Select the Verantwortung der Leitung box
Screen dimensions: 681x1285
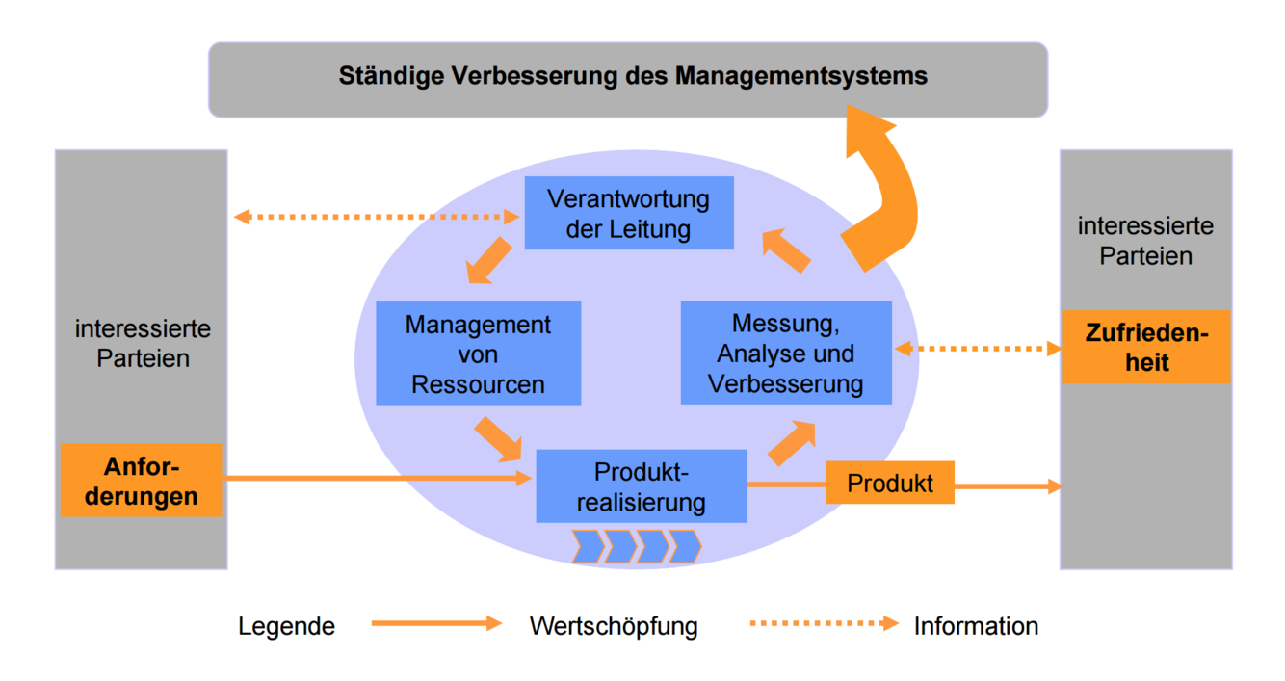tap(628, 213)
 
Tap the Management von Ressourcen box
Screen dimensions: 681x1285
tap(478, 353)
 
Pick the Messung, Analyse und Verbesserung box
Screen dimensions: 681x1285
tap(785, 353)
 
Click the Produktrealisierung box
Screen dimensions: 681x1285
tap(641, 486)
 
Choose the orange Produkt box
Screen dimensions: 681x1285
tap(889, 483)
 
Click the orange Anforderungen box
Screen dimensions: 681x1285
tap(142, 481)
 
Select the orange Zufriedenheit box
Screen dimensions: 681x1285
tap(1146, 347)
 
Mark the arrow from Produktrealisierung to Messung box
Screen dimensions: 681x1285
tap(791, 443)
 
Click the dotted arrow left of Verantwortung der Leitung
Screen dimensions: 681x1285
tap(377, 217)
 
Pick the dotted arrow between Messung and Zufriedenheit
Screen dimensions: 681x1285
tap(977, 348)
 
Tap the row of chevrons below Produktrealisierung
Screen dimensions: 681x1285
tap(636, 546)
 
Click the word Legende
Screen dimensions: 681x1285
tap(287, 626)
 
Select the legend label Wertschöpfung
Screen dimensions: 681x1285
tap(614, 626)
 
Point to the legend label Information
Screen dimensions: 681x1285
tap(976, 626)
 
